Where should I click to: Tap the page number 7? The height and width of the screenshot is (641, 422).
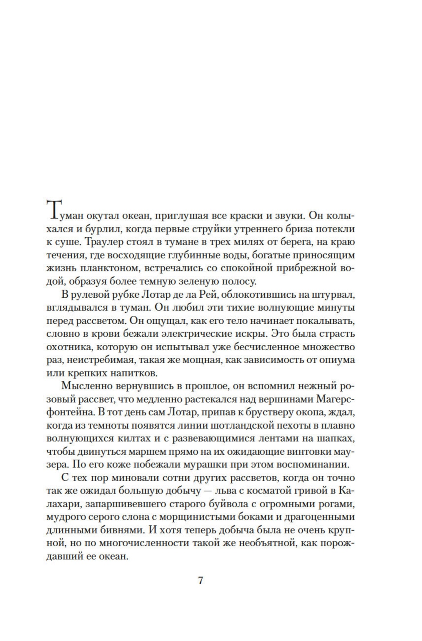point(200,580)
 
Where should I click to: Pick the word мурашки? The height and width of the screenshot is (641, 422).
point(219,464)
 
